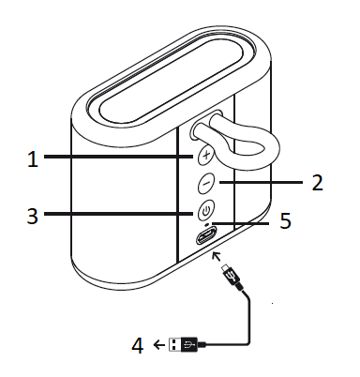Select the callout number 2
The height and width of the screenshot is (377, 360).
coord(318,182)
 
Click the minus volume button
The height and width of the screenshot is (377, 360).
coord(206,184)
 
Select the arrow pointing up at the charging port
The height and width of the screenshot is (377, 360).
coord(217,254)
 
